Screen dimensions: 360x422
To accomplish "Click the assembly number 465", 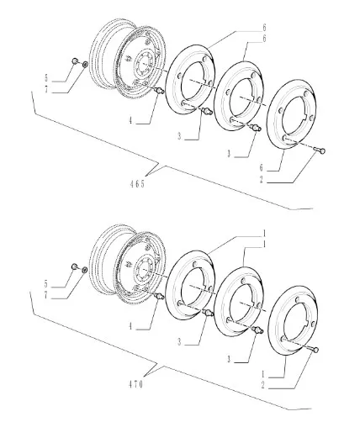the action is point(137,184).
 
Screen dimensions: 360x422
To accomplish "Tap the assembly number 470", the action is point(136,384).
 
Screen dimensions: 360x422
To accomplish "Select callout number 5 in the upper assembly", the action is point(47,78).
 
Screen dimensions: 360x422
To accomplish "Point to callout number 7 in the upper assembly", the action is point(47,90).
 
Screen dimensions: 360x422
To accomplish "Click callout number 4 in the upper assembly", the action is point(130,120).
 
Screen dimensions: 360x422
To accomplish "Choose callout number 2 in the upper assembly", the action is point(262,180).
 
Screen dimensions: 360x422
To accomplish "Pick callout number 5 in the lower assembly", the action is point(46,284).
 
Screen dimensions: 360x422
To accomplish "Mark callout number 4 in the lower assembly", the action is point(130,326).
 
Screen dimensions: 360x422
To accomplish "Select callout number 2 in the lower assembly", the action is point(263,385).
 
